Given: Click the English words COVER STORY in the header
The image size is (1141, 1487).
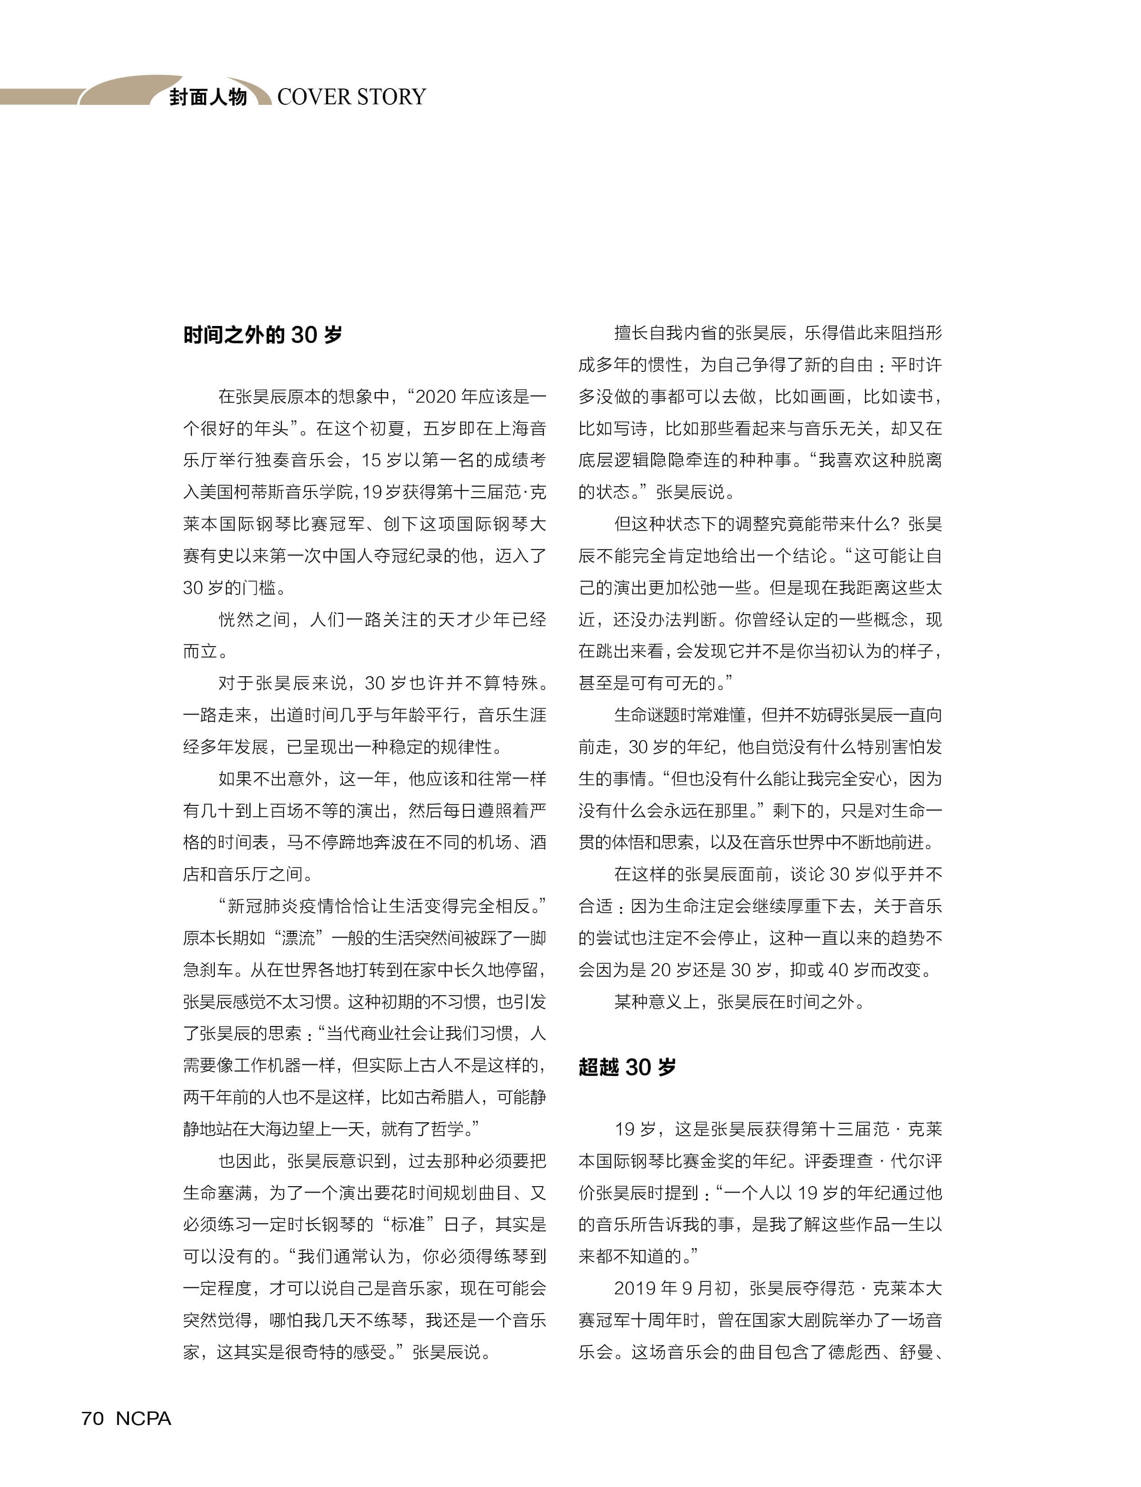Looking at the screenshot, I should tap(351, 97).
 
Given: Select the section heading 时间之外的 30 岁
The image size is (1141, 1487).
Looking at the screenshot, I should tap(262, 335).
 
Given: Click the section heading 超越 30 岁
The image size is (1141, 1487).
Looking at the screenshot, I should tap(627, 1067).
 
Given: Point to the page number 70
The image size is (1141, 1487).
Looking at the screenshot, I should tap(93, 1418).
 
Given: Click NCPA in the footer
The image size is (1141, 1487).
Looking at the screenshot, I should tap(143, 1418).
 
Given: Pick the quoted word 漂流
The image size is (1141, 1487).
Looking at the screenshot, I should tap(298, 938).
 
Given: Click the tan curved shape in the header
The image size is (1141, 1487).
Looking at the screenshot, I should tap(129, 90).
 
